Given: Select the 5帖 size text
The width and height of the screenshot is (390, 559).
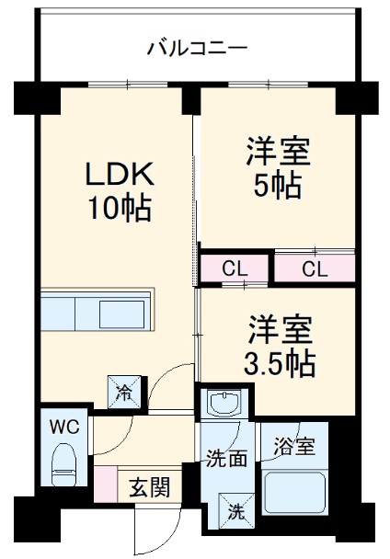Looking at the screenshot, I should coord(277,186).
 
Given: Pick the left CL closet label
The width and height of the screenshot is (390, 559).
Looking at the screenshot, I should coord(235,268).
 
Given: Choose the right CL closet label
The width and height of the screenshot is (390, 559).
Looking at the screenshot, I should coord(315,268).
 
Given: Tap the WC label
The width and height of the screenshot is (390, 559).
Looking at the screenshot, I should coord(64,428).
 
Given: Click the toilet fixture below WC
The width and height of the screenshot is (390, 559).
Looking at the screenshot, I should coord(64,464).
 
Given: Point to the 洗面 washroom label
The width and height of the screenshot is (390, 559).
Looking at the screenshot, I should coord(225,458).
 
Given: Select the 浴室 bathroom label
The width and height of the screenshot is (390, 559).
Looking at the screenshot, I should coord(293,448).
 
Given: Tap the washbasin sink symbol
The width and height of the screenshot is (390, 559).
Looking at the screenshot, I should coord(222,404).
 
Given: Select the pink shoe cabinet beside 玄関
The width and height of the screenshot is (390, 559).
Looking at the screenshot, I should coord(104,484).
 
